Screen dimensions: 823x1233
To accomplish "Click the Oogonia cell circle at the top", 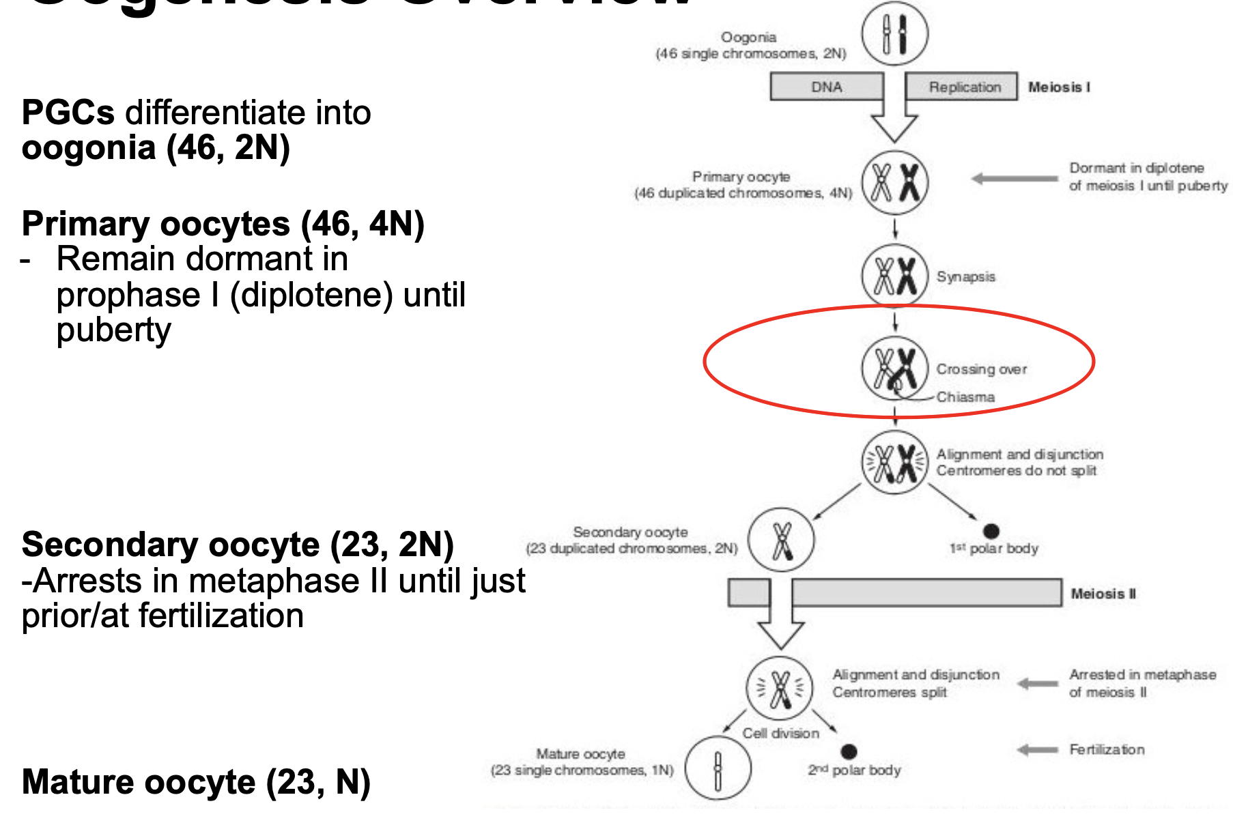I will [x=894, y=33].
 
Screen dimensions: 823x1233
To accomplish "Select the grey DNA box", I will [x=826, y=87].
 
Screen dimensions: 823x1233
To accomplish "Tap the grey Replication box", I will [x=964, y=87].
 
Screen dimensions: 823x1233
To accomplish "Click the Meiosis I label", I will [x=1059, y=87].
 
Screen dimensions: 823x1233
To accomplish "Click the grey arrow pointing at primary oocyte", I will [x=1015, y=179].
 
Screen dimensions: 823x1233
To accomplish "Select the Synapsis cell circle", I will [x=894, y=276].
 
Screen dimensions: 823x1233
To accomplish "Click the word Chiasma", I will [x=965, y=397].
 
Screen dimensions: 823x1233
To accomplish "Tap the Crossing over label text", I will [x=981, y=369].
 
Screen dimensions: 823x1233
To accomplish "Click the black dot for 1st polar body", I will [x=991, y=531].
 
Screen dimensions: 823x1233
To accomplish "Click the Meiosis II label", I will [x=1103, y=594].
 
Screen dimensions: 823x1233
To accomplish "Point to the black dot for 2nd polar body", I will [x=849, y=751].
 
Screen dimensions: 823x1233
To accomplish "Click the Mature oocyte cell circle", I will [x=718, y=768].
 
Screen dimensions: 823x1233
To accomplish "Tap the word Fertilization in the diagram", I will [x=1107, y=750].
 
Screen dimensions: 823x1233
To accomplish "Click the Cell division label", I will [x=780, y=733].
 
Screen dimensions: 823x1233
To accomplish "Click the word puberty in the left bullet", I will [x=113, y=330].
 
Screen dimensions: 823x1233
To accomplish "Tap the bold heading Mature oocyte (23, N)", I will [x=196, y=782].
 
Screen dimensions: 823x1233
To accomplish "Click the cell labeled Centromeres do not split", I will [x=894, y=463].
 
